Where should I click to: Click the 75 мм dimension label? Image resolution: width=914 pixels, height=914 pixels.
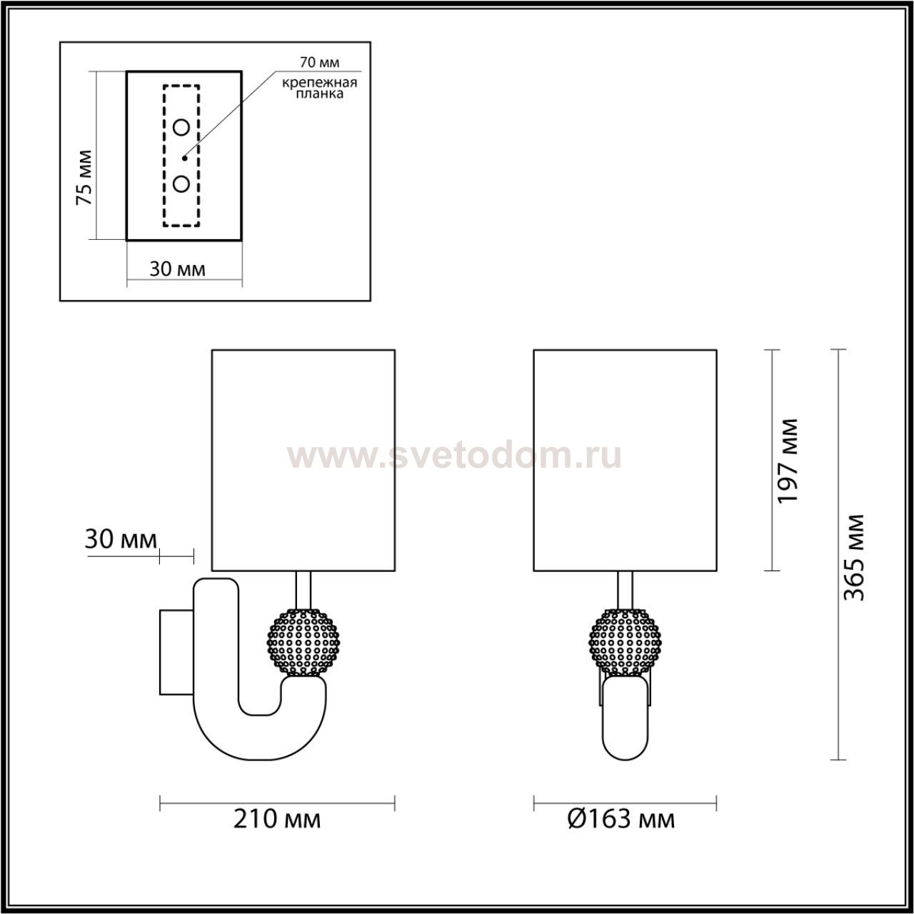pyautogui.click(x=84, y=177)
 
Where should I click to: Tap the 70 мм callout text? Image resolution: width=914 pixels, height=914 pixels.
pyautogui.click(x=319, y=62)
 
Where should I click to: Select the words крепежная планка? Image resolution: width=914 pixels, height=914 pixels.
pyautogui.click(x=319, y=89)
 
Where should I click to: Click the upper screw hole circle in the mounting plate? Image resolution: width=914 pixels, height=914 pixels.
pyautogui.click(x=181, y=127)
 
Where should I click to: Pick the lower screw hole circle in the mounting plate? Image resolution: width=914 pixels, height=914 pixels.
pyautogui.click(x=181, y=184)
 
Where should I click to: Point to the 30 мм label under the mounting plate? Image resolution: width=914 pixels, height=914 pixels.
pyautogui.click(x=177, y=269)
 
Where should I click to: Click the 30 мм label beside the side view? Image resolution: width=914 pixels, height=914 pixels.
pyautogui.click(x=121, y=539)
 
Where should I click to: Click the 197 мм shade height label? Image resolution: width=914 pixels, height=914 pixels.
pyautogui.click(x=787, y=461)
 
